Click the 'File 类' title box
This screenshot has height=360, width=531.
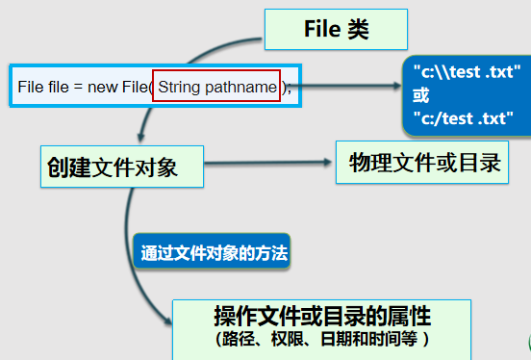[x=336, y=29]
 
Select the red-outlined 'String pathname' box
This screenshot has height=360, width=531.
[x=215, y=87]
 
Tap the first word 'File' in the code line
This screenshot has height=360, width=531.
[x=30, y=88]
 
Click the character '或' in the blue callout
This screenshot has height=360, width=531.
[x=420, y=96]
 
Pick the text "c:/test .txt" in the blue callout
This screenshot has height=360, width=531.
[x=458, y=118]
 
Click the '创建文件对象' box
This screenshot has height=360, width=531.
[x=123, y=166]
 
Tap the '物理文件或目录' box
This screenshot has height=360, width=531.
[x=424, y=162]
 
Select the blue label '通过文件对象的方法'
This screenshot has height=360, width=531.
[x=214, y=254]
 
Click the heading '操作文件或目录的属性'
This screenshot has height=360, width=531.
[x=321, y=317]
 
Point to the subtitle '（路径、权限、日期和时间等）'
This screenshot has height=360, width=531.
[x=321, y=340]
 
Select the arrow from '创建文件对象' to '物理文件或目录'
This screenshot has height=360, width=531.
[x=269, y=164]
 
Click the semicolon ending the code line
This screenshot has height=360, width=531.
[x=289, y=88]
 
